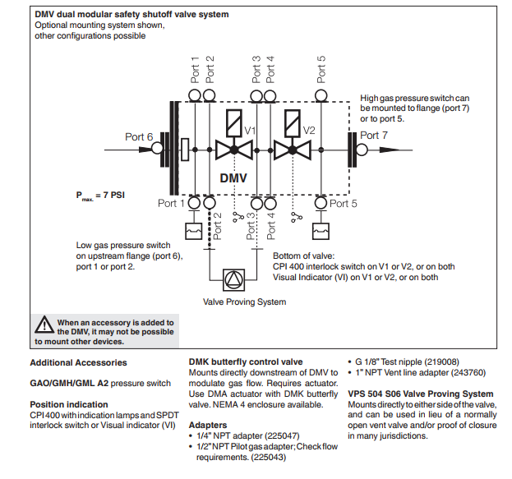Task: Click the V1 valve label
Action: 250,131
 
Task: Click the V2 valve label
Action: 309,131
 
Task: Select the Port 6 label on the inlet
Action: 139,137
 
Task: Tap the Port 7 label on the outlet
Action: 374,136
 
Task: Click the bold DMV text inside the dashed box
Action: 233,178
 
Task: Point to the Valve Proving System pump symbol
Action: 233,280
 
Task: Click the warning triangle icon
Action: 44,325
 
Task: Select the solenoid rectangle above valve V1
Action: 233,122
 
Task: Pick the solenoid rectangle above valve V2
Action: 293,122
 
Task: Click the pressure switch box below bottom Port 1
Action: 194,232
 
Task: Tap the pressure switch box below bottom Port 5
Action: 321,232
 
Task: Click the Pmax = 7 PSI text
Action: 100,196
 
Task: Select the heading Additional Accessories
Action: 78,363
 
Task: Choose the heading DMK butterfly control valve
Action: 246,362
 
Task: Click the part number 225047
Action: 282,436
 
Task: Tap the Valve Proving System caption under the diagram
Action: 245,302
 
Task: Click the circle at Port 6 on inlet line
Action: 157,148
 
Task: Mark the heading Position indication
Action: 69,404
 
